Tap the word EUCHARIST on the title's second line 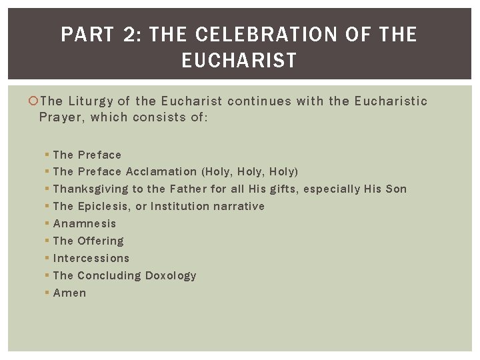coord(239,61)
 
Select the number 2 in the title coord(129,35)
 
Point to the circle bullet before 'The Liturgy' coord(35,101)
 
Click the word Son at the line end coord(395,189)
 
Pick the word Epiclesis coord(104,207)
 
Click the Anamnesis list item coord(84,224)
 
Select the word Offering coord(101,241)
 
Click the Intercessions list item coord(91,259)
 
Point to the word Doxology coord(171,276)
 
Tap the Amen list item coord(69,293)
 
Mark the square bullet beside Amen coord(47,293)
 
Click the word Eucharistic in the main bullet coord(391,101)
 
